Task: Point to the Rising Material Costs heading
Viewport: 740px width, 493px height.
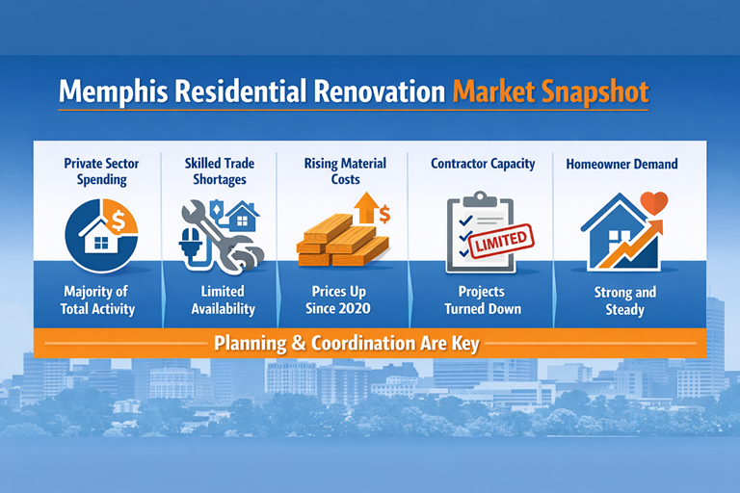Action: pos(346,171)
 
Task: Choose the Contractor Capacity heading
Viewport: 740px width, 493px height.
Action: pos(483,164)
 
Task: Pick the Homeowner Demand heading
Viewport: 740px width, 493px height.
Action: pos(621,164)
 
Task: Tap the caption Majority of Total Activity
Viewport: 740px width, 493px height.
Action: pos(99,299)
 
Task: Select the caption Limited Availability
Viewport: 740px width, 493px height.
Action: pos(223,299)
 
